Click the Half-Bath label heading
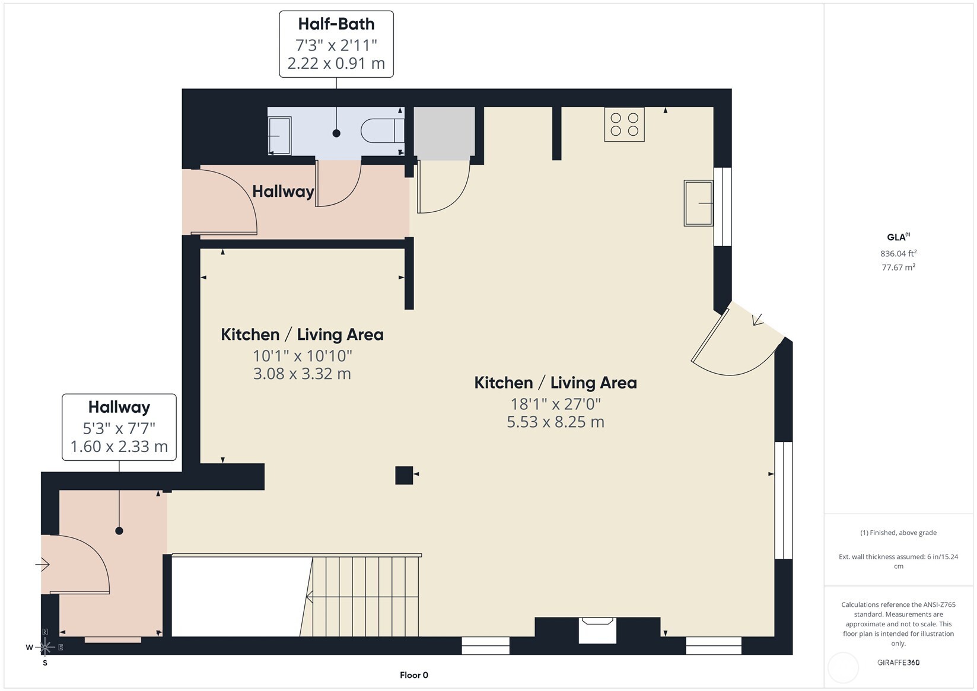(336, 24)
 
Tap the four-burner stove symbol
(624, 125)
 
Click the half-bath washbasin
(280, 136)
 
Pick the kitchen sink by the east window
(698, 203)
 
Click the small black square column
(404, 475)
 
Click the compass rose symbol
(46, 647)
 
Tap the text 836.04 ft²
(898, 253)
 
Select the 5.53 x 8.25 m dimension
(555, 422)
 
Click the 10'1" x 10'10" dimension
(303, 356)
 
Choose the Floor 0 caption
(413, 675)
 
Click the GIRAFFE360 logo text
(898, 663)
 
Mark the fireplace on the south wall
(597, 630)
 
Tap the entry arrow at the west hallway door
(42, 565)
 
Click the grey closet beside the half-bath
(444, 133)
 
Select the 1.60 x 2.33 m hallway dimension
(119, 447)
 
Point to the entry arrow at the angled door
(758, 320)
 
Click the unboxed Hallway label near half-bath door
(283, 192)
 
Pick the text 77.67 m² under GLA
(898, 268)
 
